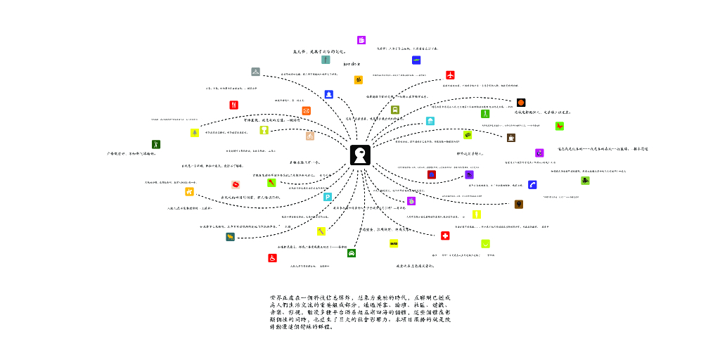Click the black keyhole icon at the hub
click(360, 155)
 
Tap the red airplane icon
click(450, 75)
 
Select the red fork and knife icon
click(233, 105)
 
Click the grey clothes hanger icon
click(255, 72)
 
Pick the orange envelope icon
click(306, 110)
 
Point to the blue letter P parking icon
click(328, 197)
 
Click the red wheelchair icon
click(272, 258)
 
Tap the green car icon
click(351, 252)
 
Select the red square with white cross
click(445, 236)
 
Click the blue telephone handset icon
click(532, 185)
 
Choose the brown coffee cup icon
click(511, 138)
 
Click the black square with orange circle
click(521, 103)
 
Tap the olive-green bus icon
click(395, 110)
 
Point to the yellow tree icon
click(195, 133)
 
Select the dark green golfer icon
click(156, 144)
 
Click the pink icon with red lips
click(236, 184)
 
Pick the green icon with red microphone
click(271, 183)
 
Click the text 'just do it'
click(352, 64)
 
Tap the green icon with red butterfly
click(560, 126)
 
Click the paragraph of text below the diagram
click(360, 312)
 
